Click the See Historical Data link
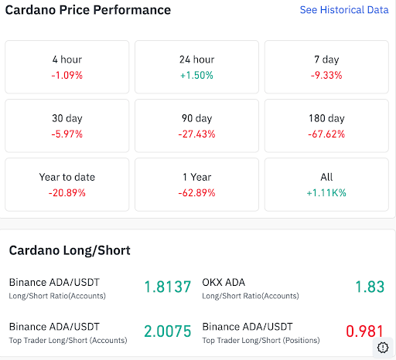pyautogui.click(x=343, y=10)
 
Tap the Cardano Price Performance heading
pyautogui.click(x=88, y=11)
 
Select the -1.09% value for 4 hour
pyautogui.click(x=67, y=75)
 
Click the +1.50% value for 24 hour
pyautogui.click(x=196, y=75)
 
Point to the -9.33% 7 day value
pyautogui.click(x=326, y=75)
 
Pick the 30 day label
pyautogui.click(x=67, y=118)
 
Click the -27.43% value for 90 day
pyautogui.click(x=196, y=134)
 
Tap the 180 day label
pyautogui.click(x=326, y=118)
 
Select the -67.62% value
pyautogui.click(x=326, y=134)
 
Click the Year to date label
pyautogui.click(x=67, y=177)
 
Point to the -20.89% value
pyautogui.click(x=67, y=192)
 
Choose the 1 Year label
pyautogui.click(x=196, y=177)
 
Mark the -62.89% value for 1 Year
pyautogui.click(x=196, y=192)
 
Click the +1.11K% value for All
pyautogui.click(x=326, y=192)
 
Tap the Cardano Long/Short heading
pyautogui.click(x=70, y=250)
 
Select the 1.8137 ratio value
pyautogui.click(x=167, y=287)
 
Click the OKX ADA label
pyautogui.click(x=224, y=282)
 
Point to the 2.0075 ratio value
pyautogui.click(x=167, y=332)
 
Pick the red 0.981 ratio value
pyautogui.click(x=364, y=332)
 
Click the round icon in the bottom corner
pyautogui.click(x=383, y=348)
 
